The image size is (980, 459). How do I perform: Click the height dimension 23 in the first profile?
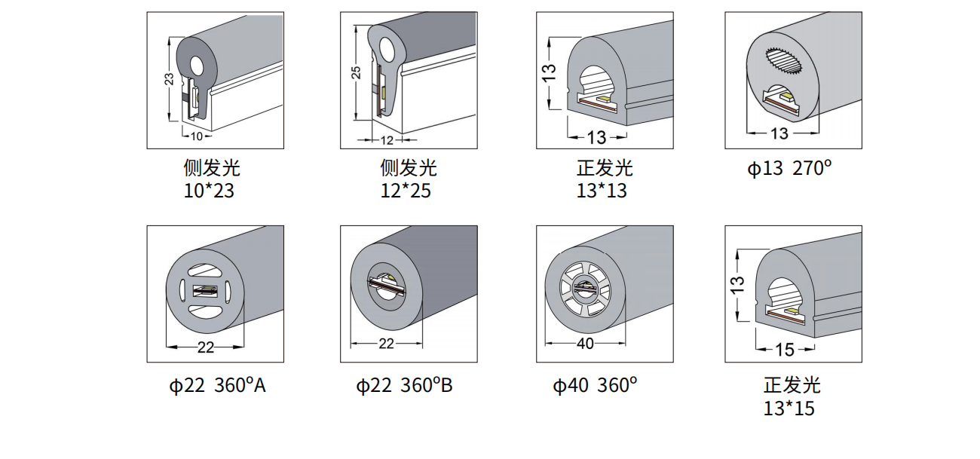point(169,79)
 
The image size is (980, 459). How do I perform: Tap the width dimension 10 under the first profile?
point(197,136)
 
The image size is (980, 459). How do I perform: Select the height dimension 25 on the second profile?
point(356,72)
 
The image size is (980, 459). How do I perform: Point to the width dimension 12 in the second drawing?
point(387,140)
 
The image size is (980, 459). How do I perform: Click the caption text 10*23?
point(209,191)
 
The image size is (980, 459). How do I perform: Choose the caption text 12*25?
point(406,191)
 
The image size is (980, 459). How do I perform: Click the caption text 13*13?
point(602,191)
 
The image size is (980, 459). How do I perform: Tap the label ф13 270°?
point(789,168)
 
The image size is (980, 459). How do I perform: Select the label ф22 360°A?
point(217,385)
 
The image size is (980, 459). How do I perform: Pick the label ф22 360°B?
point(404,385)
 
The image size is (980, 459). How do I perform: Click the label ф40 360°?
point(595,385)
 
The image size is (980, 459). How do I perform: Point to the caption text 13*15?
point(789,409)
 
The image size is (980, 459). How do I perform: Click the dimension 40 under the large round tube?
point(586,344)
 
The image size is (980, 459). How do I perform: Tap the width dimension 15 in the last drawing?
point(785,350)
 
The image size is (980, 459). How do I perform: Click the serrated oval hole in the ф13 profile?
point(785,61)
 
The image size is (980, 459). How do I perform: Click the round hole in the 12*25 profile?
point(387,50)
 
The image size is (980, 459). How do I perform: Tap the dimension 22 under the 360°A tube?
point(206,347)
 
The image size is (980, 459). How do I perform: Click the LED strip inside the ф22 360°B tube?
point(387,286)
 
